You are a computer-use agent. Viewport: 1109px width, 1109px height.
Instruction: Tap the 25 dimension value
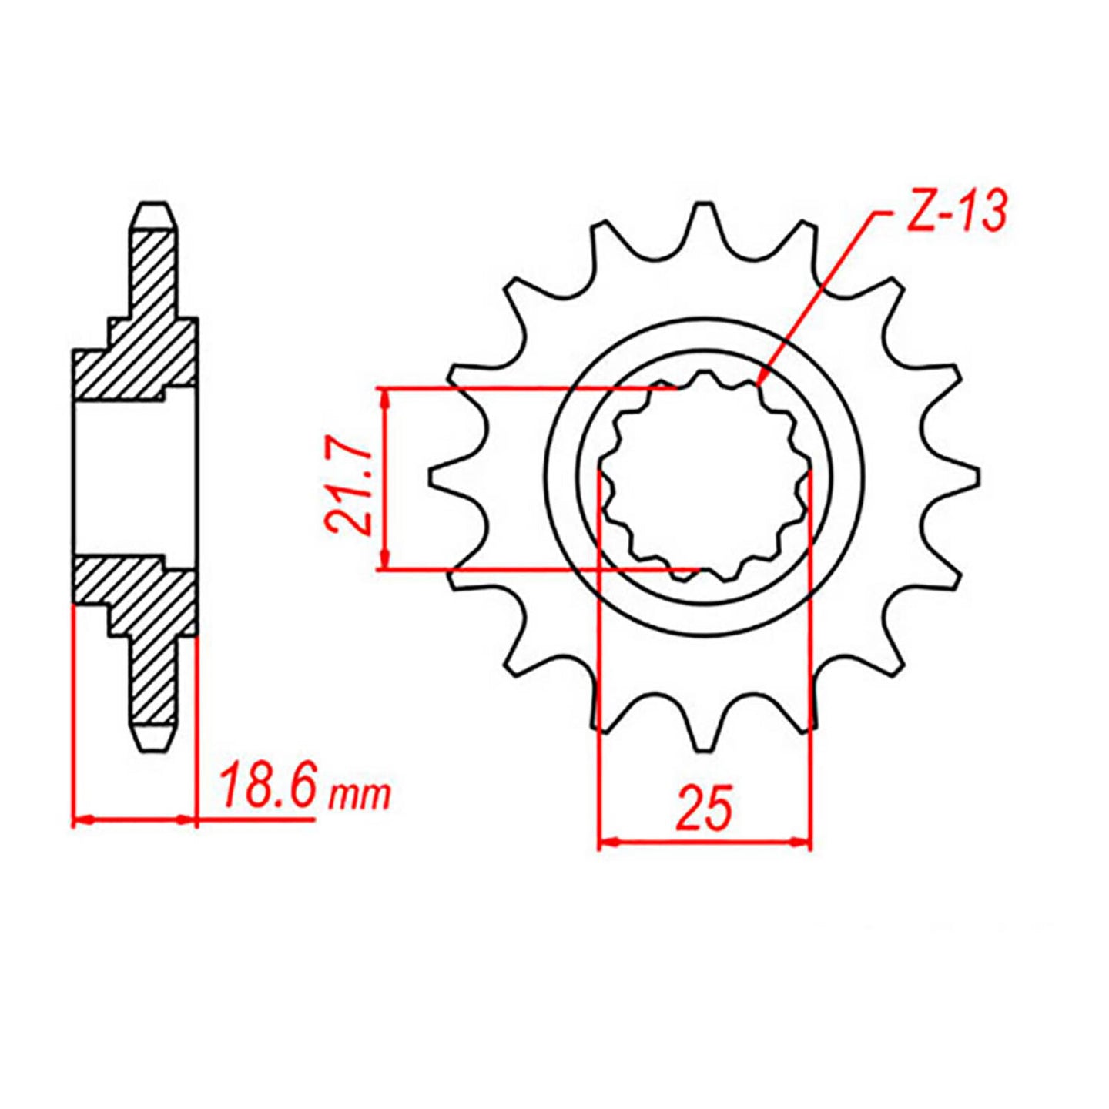coord(704,809)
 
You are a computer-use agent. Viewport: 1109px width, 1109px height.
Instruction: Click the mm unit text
coord(359,795)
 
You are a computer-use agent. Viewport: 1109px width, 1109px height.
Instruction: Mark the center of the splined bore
coord(704,477)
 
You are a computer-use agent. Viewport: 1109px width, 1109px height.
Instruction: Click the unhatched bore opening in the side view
coord(136,477)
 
